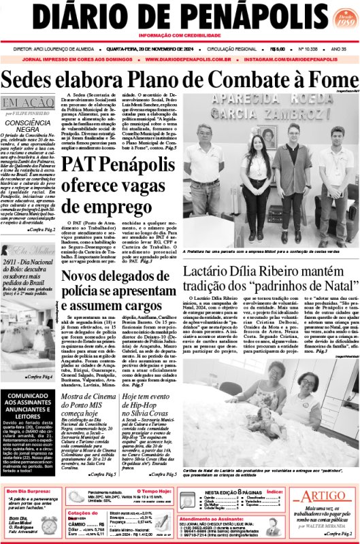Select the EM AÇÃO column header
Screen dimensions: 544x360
click(24, 104)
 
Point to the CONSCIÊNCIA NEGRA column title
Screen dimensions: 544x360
click(29, 127)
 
